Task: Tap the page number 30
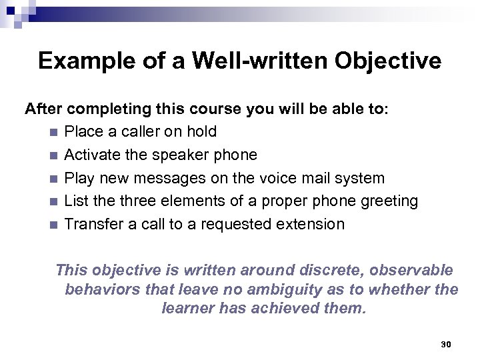pos(447,344)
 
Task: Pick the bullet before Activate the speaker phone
pos(53,155)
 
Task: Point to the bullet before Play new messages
pos(53,179)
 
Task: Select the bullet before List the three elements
pos(53,201)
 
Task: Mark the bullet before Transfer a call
pos(53,225)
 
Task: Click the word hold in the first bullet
pos(201,132)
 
